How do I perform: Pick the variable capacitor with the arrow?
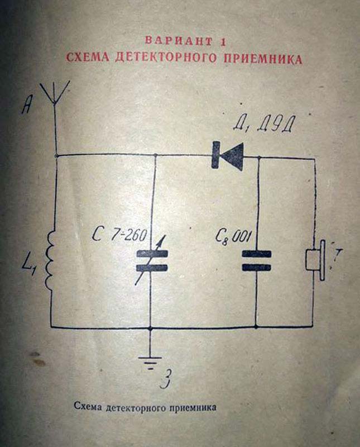click(x=151, y=261)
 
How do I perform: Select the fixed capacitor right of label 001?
click(x=256, y=260)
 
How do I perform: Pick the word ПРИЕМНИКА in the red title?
click(x=263, y=58)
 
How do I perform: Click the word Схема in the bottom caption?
click(x=88, y=407)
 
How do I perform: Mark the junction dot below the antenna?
click(x=56, y=155)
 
